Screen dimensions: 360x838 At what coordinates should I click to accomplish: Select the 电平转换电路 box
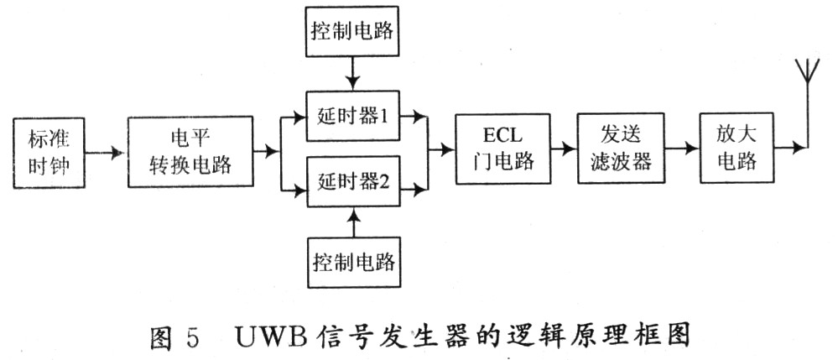click(x=190, y=151)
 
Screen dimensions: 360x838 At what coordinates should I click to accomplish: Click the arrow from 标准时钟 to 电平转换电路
click(x=107, y=154)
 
